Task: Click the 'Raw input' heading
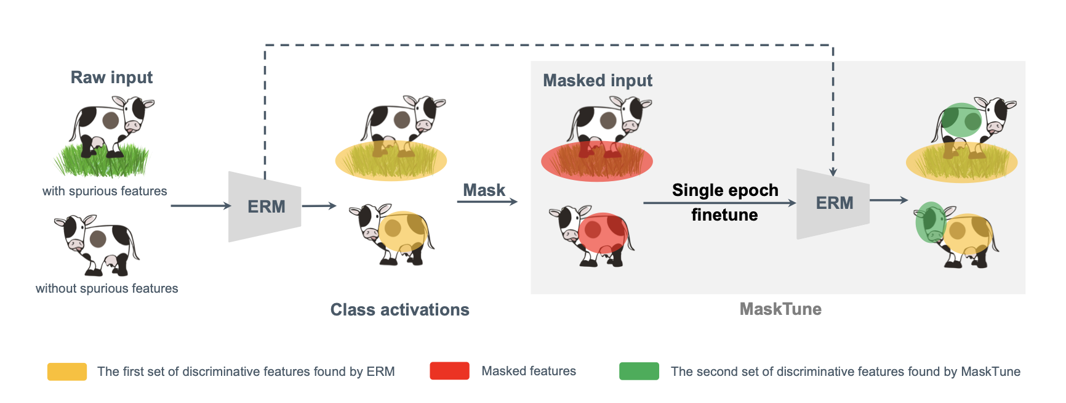[111, 78]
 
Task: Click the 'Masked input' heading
[597, 81]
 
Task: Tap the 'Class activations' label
[399, 309]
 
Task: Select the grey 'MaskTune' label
[780, 309]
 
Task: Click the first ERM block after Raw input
[265, 206]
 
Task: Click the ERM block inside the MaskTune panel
[833, 203]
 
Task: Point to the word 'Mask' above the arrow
[484, 190]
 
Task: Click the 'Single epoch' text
[724, 190]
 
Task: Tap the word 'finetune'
[724, 215]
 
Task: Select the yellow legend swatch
[67, 372]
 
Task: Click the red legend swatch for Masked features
[449, 371]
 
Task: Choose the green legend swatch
[639, 371]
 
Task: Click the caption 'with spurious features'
[105, 191]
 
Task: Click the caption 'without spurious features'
[106, 288]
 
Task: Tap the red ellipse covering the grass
[596, 161]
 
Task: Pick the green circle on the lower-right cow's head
[929, 222]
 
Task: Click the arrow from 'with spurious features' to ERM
[201, 206]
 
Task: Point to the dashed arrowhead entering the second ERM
[833, 172]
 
